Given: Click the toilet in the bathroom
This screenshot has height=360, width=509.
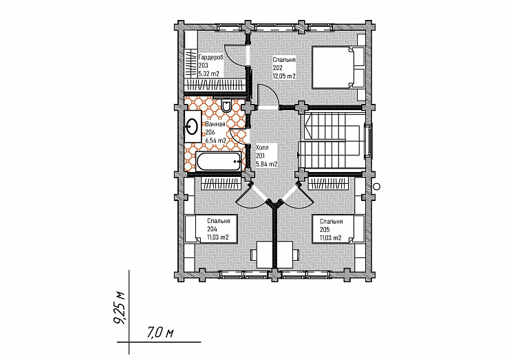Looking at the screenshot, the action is [x=226, y=106].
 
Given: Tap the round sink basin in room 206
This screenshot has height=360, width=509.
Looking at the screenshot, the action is [x=192, y=126].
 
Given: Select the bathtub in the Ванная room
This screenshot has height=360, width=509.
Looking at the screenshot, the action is [x=219, y=161].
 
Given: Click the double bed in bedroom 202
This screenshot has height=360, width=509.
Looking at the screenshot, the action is [x=338, y=67].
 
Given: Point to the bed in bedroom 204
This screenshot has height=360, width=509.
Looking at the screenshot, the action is [x=211, y=229].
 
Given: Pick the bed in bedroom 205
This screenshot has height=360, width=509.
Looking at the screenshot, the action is [x=338, y=229].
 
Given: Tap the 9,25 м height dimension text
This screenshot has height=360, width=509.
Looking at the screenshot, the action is [x=119, y=308].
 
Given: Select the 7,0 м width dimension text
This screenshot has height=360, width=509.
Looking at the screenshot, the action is [x=161, y=332].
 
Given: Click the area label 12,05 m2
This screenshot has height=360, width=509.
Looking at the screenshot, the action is [x=284, y=76].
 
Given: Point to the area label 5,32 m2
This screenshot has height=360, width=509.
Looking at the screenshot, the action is [x=208, y=74].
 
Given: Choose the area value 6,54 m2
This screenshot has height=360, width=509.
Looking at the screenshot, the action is [x=216, y=140].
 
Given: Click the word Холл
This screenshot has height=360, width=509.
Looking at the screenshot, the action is [x=262, y=147].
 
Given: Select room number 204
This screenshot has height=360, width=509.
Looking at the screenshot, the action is [x=213, y=229].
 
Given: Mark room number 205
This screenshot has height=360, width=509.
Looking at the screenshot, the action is [x=325, y=229].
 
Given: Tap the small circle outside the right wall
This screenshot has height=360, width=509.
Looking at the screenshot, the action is [x=376, y=186].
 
